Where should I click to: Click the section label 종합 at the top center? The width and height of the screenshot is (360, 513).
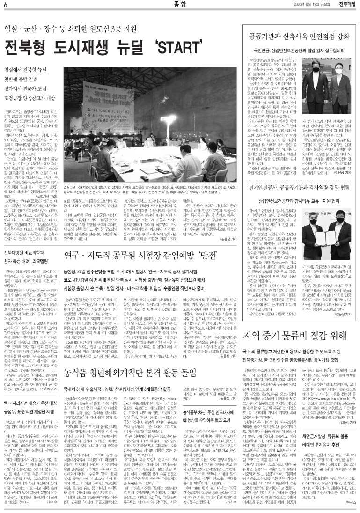coord(180,5)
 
